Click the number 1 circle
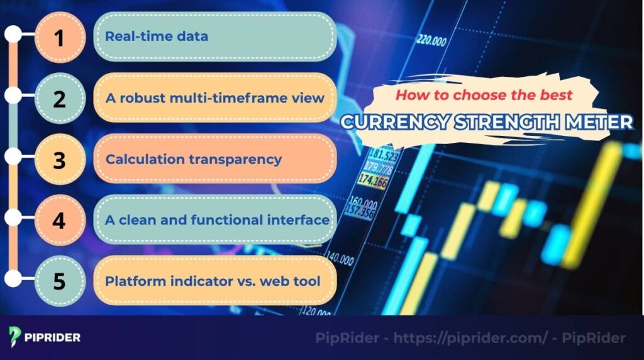[59, 37]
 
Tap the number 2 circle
[59, 98]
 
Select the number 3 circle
[59, 159]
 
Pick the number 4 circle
[59, 220]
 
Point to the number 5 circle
[59, 281]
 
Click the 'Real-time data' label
[156, 37]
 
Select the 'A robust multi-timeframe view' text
[214, 98]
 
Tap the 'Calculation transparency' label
[193, 159]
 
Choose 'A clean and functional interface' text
[217, 220]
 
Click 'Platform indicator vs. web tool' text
[213, 281]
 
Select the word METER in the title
[600, 121]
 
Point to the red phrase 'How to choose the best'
[484, 96]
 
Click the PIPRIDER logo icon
[15, 336]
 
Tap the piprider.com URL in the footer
[470, 338]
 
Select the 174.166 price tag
[373, 181]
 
